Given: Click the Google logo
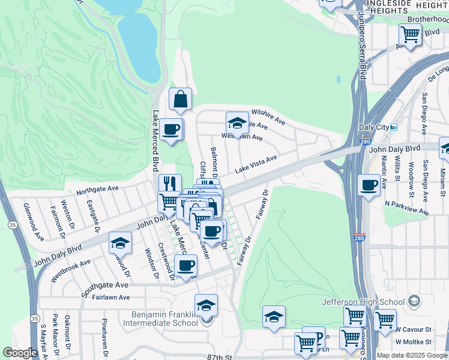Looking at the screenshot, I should [20, 353].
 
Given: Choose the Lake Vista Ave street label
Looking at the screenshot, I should [256, 164].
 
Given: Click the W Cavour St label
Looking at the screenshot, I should [414, 329].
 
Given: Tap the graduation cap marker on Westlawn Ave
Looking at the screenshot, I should [237, 124].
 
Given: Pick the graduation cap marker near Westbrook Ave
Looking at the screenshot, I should [120, 243].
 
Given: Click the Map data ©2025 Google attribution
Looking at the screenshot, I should [412, 355].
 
